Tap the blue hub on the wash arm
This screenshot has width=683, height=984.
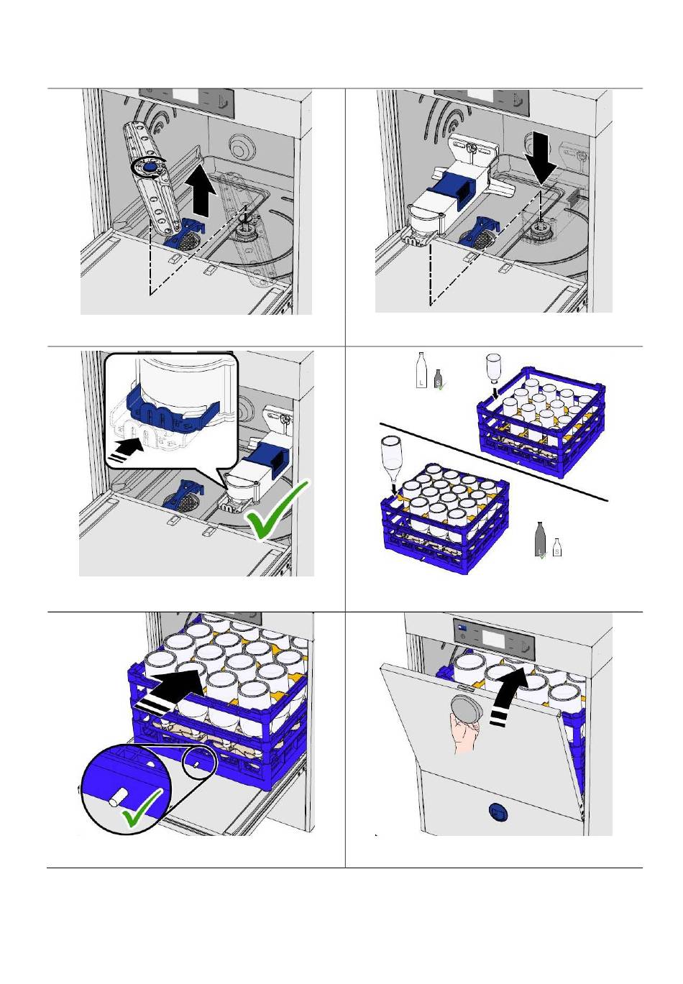[x=148, y=167]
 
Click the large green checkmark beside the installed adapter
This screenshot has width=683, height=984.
[x=278, y=511]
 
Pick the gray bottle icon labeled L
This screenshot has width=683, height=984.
[x=541, y=541]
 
